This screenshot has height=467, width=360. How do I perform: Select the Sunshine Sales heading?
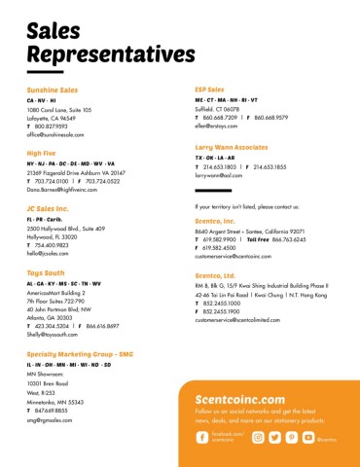point(53,90)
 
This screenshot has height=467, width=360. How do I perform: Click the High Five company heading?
point(41,154)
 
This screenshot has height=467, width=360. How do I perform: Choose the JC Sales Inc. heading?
point(48,208)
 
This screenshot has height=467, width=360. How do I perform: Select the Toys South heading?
point(46,273)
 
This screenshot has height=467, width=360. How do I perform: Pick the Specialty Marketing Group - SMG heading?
point(79,353)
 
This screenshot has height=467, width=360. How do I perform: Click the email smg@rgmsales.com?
point(51,419)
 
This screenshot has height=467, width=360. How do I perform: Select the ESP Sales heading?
point(209,90)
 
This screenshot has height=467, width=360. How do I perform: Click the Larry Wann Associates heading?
point(232,146)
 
